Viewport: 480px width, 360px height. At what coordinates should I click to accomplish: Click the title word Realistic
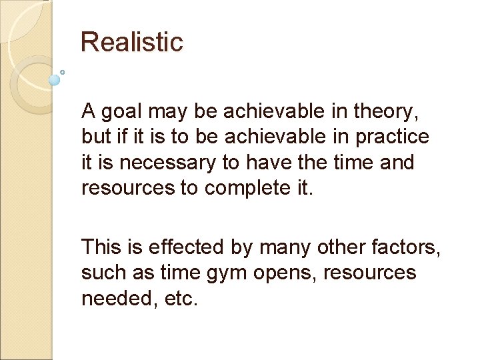click(131, 42)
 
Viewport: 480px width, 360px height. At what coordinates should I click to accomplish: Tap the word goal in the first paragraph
click(123, 111)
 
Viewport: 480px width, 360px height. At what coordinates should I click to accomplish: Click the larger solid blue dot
click(55, 80)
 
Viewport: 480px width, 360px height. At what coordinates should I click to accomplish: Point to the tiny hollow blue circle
click(63, 72)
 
